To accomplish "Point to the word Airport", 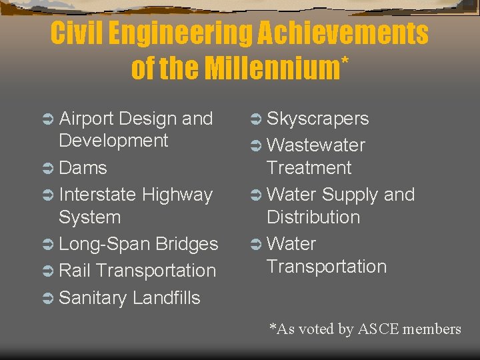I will tap(87, 119).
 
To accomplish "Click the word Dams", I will tap(83, 167).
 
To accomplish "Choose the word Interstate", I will tap(98, 195).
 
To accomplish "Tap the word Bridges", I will tap(187, 244).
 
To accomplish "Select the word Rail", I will tap(75, 271).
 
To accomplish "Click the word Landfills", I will tap(166, 298).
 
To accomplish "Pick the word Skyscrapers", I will tap(317, 119).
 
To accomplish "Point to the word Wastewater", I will tap(315, 145).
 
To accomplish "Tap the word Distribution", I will tap(313, 217).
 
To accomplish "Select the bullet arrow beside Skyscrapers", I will tap(254, 119).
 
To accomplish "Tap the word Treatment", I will tap(309, 168).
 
